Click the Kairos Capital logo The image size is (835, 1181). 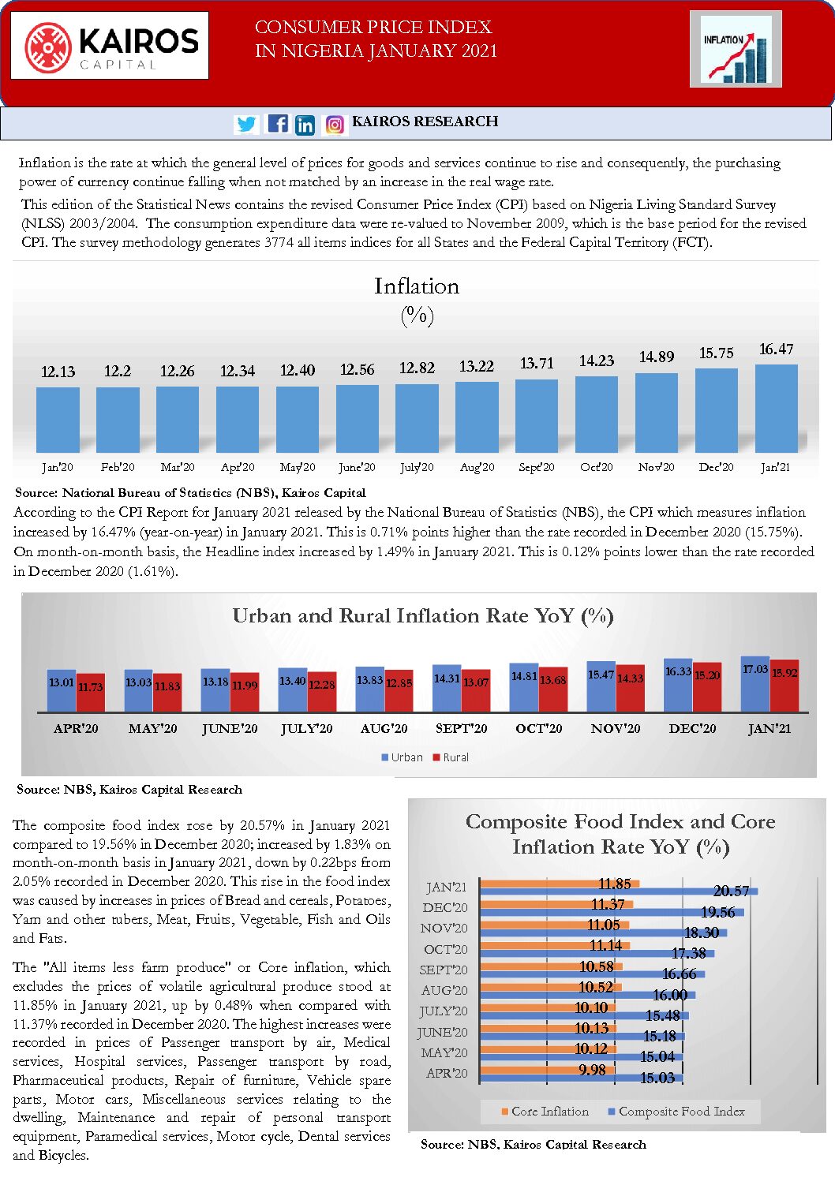[110, 45]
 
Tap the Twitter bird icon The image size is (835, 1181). [246, 125]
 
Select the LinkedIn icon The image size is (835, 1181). [305, 125]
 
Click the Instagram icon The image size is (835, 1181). [335, 125]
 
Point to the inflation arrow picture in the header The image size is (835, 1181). [736, 49]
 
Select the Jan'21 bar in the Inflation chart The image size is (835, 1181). [776, 409]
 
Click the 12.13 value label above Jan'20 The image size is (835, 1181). [58, 372]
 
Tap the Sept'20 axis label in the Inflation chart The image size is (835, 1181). [537, 467]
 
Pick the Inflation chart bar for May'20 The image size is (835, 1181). [298, 420]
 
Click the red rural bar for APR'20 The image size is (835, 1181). [91, 693]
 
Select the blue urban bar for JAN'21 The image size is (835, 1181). [755, 684]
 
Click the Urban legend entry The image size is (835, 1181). [402, 757]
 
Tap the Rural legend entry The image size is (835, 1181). [451, 757]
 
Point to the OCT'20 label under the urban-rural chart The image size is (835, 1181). [538, 729]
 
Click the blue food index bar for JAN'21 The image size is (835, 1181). [619, 891]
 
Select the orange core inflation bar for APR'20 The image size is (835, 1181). [547, 1070]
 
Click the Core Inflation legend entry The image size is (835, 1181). [545, 1112]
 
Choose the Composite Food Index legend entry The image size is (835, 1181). [676, 1112]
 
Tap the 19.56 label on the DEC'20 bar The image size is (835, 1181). [718, 912]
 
